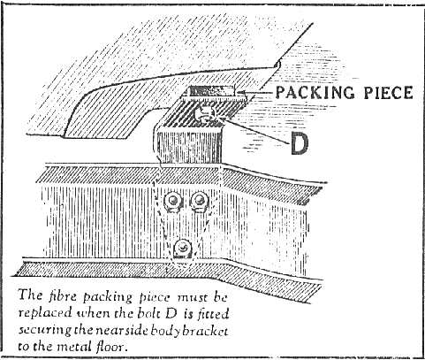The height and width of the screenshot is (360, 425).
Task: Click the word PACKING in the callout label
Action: pos(315,93)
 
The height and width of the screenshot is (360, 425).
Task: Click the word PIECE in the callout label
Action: pos(388,93)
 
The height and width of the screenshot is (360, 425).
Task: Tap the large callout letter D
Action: pos(300,143)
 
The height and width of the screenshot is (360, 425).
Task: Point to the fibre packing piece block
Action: pos(211,90)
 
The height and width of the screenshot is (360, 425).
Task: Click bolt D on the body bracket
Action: pos(205,114)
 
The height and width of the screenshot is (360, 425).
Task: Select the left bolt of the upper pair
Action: pos(173,202)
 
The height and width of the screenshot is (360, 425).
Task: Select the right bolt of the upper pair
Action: pos(199,201)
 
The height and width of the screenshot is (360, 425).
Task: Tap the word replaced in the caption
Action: pos(45,313)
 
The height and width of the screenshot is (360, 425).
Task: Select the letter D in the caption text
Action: pos(171,313)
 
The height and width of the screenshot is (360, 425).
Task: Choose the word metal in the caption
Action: pos(75,347)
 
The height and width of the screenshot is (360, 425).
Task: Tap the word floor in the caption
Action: pos(112,347)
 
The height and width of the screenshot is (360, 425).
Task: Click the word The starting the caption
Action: pos(30,295)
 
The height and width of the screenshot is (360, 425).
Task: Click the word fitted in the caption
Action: pos(213,313)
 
